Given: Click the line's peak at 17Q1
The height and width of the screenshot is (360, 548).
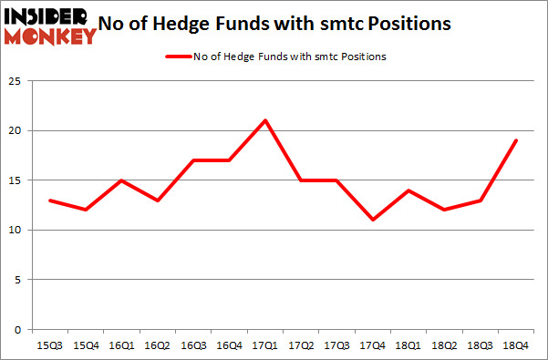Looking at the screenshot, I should click(264, 120).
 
